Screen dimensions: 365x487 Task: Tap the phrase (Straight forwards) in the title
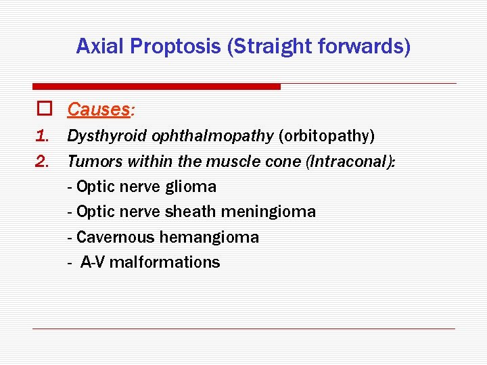319,47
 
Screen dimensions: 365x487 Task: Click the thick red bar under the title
156,87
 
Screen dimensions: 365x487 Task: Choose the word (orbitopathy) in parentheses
327,137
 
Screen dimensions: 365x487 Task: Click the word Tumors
90,162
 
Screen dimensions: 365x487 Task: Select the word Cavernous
116,237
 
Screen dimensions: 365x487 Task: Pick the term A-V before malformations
93,262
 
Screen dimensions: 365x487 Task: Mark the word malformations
164,262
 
